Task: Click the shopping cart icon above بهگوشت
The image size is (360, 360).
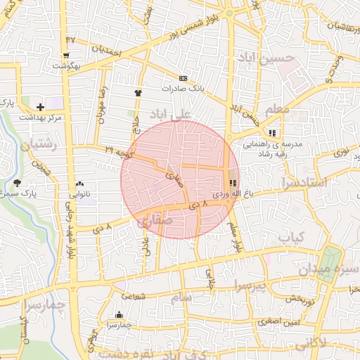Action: coord(65,55)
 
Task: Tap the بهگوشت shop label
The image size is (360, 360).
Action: coord(65,65)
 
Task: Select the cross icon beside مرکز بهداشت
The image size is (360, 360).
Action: coord(40,107)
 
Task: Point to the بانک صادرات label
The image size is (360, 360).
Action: coord(182,89)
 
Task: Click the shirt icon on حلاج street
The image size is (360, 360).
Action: coord(138,92)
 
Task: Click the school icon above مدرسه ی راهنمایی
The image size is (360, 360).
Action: coord(272,133)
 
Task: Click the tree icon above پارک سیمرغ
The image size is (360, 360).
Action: coord(17,183)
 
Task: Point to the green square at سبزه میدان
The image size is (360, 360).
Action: coord(327,266)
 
